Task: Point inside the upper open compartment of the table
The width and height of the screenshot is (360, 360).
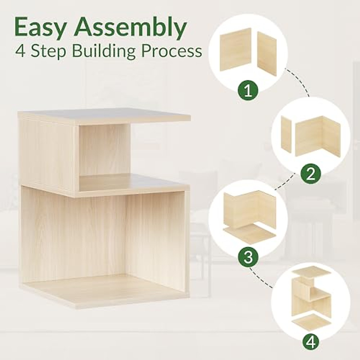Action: point(102,151)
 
